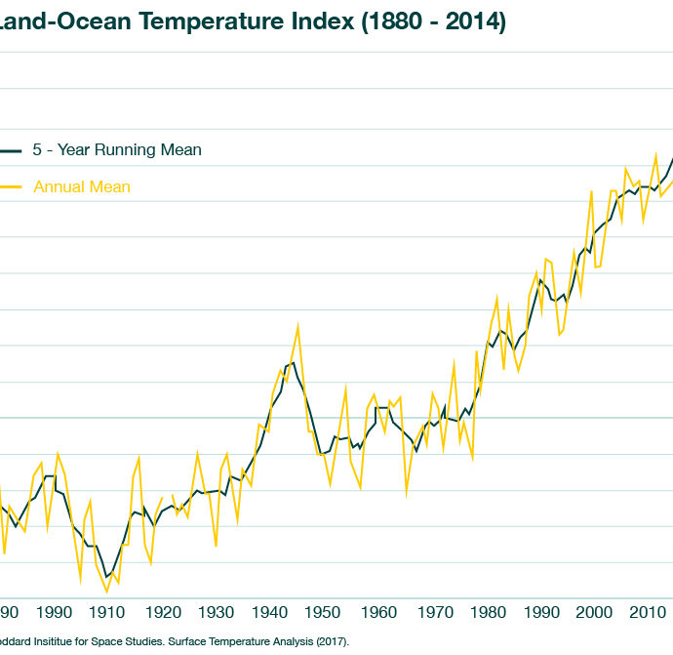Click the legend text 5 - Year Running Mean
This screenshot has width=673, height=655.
[117, 150]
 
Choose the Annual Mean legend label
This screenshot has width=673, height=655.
[82, 186]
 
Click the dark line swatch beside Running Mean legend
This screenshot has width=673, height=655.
[10, 150]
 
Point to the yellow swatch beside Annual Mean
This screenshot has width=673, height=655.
[10, 186]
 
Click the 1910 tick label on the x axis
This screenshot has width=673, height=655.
[107, 612]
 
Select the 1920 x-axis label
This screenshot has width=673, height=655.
[162, 612]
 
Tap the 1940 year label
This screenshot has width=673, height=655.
[269, 612]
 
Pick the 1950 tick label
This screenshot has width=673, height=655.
[323, 612]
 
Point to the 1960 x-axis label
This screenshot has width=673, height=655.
[377, 612]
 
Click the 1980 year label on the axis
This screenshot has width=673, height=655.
[486, 612]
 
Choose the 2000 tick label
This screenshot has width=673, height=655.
[593, 612]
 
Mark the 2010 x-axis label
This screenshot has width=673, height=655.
[647, 612]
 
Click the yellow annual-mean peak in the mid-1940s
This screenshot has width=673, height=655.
[297, 325]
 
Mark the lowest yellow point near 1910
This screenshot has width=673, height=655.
[107, 592]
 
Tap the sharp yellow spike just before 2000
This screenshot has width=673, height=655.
[591, 191]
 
